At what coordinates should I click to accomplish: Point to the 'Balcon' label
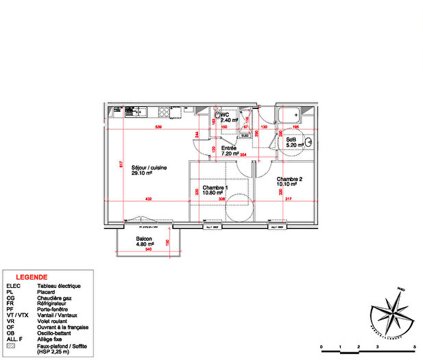pos(143,239)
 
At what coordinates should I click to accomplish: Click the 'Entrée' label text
pos(228,148)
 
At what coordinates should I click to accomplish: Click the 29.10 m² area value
pos(142,174)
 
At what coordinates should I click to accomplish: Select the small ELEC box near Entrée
pos(245,136)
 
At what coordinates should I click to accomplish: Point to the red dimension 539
pos(158,128)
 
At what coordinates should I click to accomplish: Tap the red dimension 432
pos(148,199)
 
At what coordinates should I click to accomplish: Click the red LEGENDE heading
pos(31,276)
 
